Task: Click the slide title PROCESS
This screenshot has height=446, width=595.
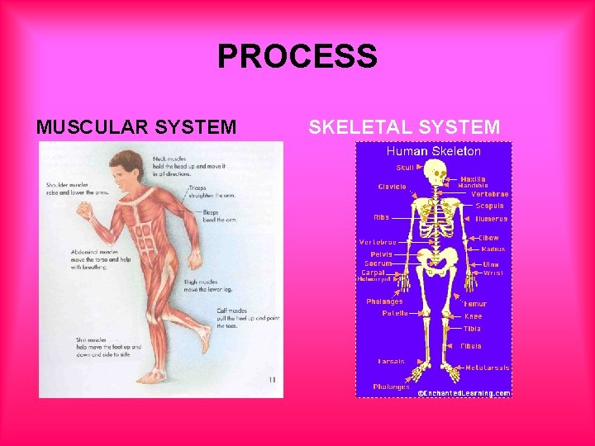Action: (297, 57)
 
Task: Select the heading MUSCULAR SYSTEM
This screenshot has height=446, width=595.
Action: (136, 127)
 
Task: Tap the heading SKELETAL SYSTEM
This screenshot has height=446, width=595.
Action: (404, 127)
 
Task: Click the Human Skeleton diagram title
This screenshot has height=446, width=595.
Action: (434, 151)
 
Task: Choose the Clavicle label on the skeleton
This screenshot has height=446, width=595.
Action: (392, 187)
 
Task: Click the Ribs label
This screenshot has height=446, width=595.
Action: (381, 217)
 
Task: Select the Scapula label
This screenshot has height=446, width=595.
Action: (489, 206)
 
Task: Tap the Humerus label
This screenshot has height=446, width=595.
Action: (492, 219)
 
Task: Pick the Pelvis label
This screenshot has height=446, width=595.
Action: (380, 254)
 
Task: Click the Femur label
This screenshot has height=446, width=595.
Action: (475, 304)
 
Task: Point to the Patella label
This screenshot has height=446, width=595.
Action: (394, 313)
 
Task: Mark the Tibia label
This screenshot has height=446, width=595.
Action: (472, 329)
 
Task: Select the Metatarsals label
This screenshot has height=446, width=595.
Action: (488, 368)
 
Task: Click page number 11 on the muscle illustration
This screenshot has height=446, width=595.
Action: (272, 380)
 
